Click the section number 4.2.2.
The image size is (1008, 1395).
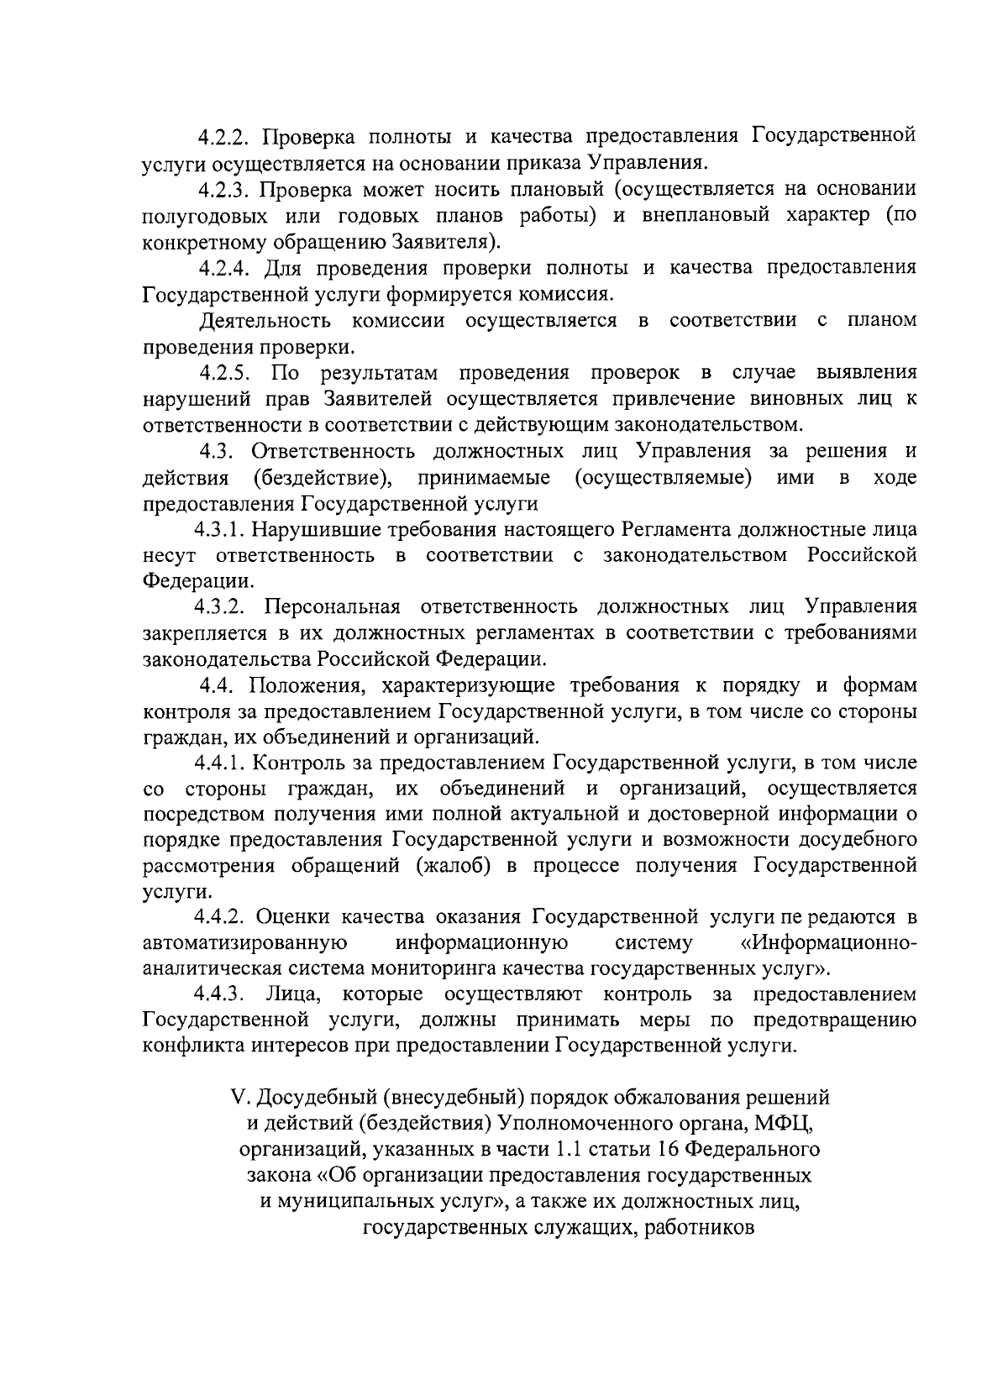coord(226,136)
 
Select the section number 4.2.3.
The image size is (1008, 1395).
coord(226,189)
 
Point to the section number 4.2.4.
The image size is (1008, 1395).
coord(226,268)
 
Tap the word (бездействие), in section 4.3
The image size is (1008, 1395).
coord(321,478)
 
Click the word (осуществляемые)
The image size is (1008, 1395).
coord(663,478)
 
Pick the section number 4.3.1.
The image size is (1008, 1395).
coord(220,531)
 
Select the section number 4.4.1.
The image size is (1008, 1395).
coord(220,763)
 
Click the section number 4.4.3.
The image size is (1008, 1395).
coord(220,995)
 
